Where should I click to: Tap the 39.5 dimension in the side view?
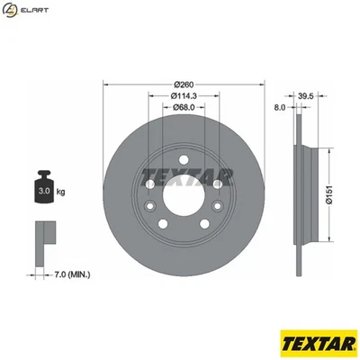tap(305, 94)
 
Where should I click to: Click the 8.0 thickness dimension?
tap(280, 107)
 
